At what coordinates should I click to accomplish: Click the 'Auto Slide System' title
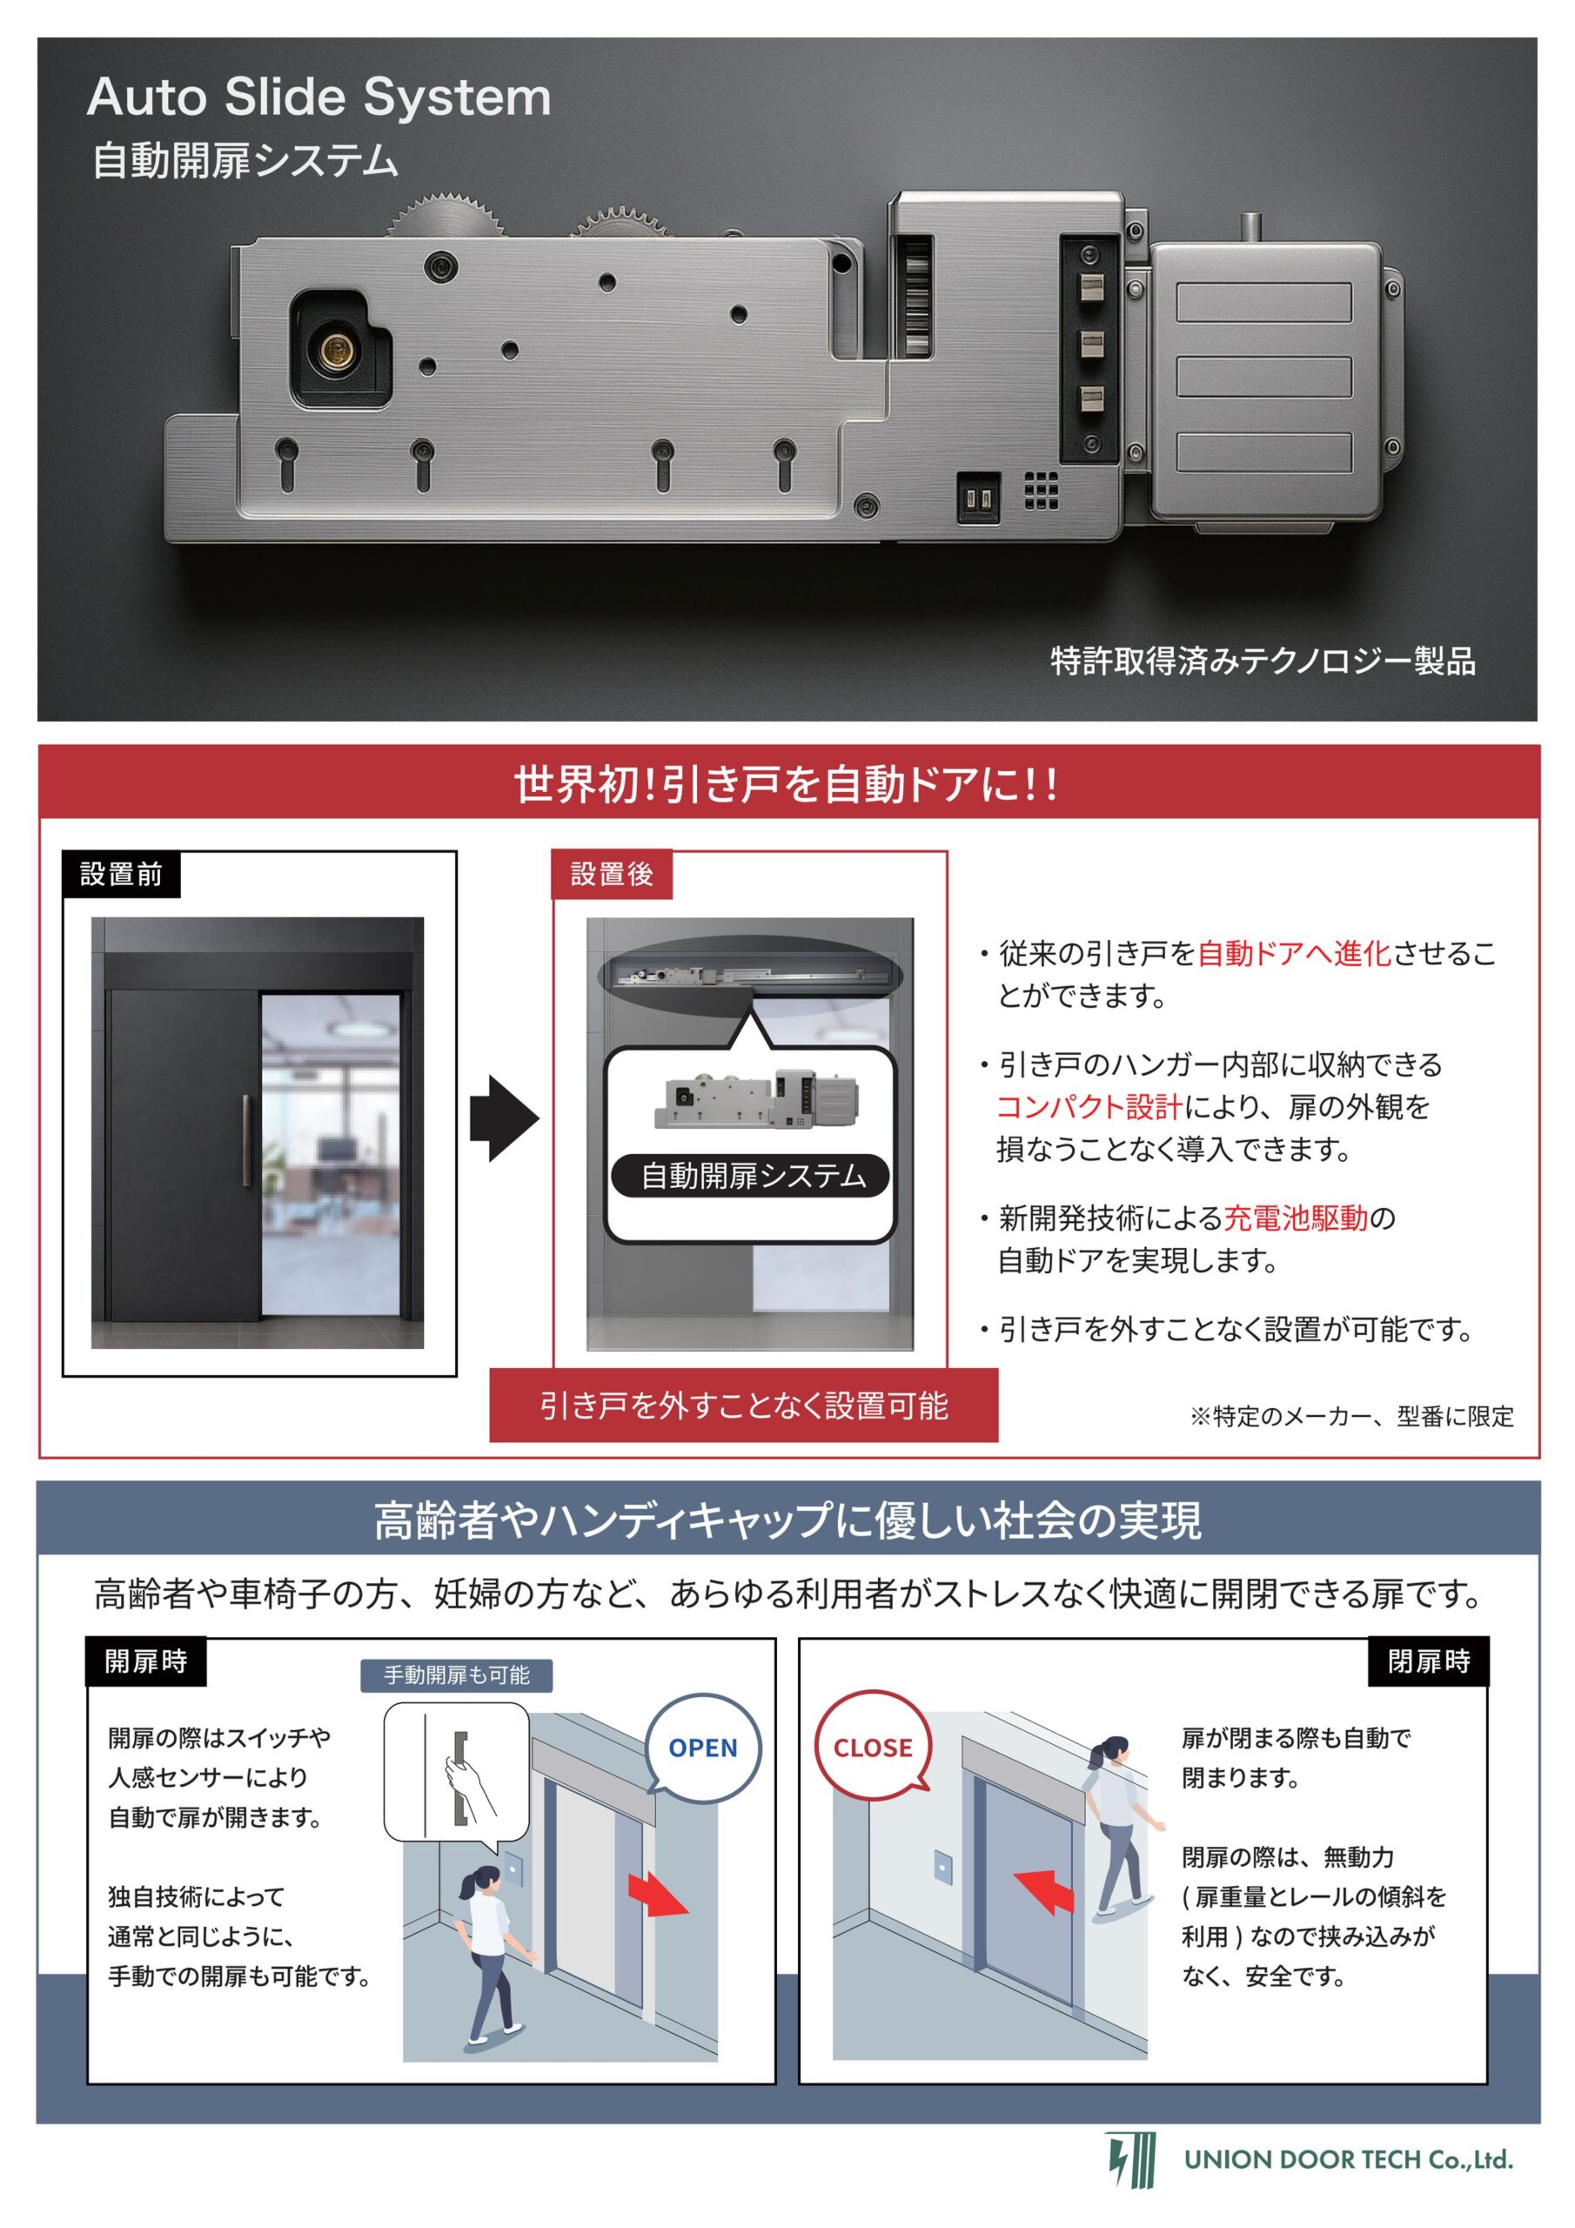319,98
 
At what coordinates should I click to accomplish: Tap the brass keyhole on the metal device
338,346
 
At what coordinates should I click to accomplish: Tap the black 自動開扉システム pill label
750,1175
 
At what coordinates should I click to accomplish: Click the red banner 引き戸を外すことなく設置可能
743,1405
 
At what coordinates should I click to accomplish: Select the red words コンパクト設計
1089,1106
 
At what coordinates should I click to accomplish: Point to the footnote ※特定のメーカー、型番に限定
1351,1416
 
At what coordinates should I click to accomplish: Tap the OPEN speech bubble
702,1747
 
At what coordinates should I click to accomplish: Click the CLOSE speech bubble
873,1747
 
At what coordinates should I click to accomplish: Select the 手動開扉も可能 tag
456,1674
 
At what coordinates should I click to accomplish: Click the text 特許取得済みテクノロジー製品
1263,661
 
